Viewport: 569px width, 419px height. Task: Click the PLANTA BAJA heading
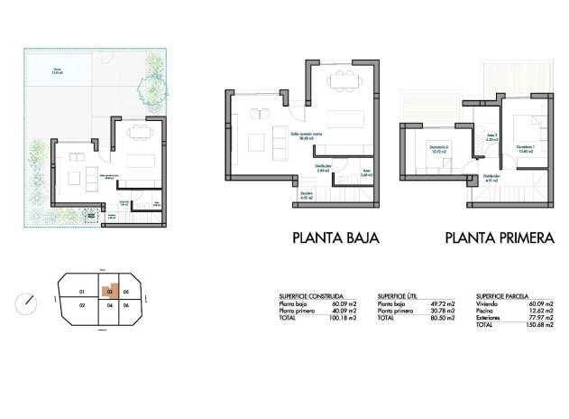[x=335, y=239]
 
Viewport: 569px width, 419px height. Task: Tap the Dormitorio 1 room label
[x=525, y=149]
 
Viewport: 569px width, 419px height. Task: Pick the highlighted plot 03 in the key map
[x=108, y=292]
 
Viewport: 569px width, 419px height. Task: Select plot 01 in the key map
[x=81, y=291]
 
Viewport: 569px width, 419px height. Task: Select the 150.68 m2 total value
[x=539, y=324]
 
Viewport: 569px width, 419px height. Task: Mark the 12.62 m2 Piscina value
[x=541, y=311]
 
